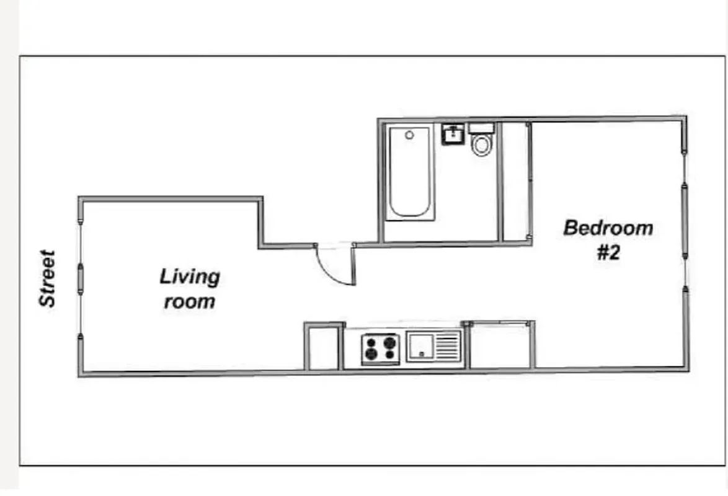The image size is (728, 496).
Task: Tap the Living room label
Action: [x=190, y=288]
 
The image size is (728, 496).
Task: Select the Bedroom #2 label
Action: [x=608, y=239]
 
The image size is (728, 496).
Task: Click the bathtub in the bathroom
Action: [x=409, y=172]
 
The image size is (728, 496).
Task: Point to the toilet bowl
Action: [x=481, y=146]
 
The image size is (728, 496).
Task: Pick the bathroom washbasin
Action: [x=453, y=134]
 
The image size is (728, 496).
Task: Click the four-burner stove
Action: [x=381, y=348]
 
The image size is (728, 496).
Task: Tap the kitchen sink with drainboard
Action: [x=434, y=346]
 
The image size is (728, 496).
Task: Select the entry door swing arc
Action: [x=335, y=267]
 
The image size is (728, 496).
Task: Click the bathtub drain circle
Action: [x=409, y=135]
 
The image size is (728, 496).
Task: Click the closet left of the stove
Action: [x=323, y=348]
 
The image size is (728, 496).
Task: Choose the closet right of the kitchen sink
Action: [x=500, y=346]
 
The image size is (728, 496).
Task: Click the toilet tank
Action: [x=481, y=128]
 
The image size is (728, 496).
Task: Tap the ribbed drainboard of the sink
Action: [x=448, y=346]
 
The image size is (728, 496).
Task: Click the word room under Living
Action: [x=190, y=302]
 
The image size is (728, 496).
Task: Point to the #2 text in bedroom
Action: [x=608, y=253]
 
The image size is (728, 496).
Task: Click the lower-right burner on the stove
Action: [x=390, y=354]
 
